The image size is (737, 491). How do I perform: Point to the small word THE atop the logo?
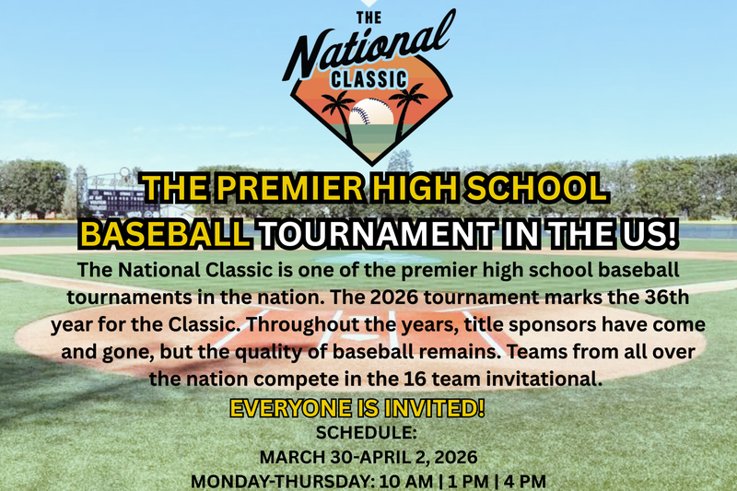[368, 16]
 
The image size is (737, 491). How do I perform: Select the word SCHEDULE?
[368, 432]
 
